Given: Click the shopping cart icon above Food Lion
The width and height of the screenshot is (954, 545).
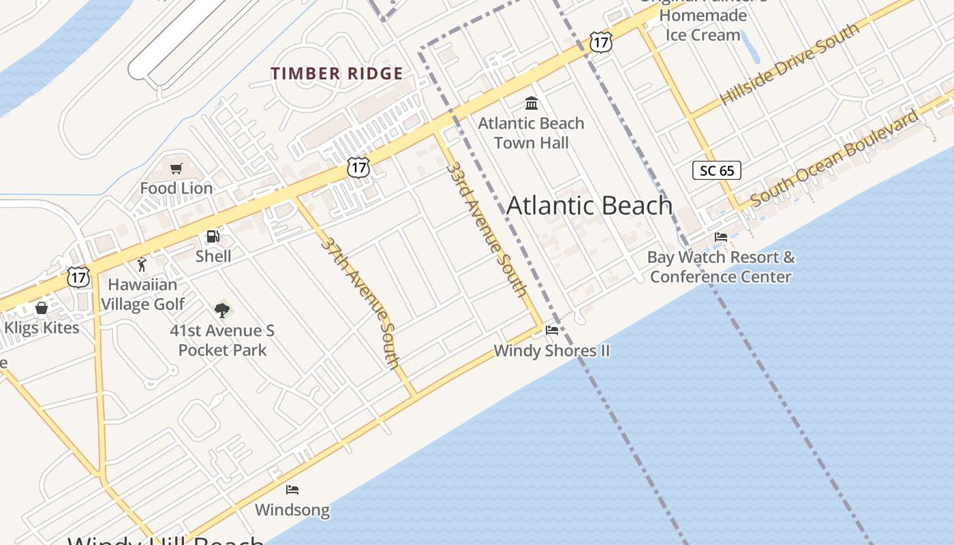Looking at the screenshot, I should (x=176, y=168).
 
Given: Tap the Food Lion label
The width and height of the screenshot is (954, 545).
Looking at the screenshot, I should (x=176, y=188).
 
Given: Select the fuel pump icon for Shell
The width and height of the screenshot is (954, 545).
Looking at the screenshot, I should (x=213, y=236).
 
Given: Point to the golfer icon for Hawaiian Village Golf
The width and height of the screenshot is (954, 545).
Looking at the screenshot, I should (x=142, y=264).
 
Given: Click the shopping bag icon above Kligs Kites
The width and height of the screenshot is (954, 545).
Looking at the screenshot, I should (x=42, y=308).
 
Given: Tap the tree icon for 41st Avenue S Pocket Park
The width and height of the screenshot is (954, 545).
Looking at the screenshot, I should (x=221, y=310).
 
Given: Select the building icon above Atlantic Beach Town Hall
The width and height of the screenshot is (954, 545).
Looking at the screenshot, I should (x=532, y=104).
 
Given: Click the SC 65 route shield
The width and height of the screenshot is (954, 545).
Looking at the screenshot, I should (x=716, y=170).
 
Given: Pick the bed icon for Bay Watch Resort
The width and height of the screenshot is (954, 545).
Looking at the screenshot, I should (x=721, y=237).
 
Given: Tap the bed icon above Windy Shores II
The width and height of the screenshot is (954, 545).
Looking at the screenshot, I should (x=552, y=330).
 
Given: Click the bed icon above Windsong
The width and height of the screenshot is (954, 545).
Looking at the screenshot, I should (x=292, y=490).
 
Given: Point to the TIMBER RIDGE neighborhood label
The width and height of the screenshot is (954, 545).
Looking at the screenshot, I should (x=337, y=74).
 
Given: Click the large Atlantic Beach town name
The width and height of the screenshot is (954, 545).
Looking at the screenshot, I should (x=589, y=206).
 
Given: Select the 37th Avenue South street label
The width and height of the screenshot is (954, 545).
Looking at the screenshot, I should (x=360, y=303).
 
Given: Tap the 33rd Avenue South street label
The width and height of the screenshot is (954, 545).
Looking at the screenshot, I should (x=487, y=230).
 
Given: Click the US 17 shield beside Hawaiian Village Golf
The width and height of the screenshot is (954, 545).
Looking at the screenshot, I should (x=78, y=277).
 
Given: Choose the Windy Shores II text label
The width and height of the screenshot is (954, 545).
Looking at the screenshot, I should (x=551, y=351).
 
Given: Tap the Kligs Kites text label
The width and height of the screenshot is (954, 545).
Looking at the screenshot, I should (x=42, y=328).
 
